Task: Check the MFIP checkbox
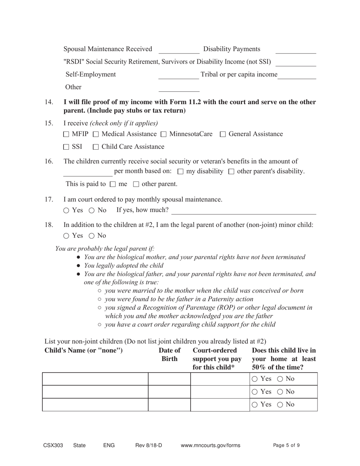coord(66,134)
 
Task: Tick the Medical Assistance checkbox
coord(95,134)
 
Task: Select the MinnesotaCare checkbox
coord(163,134)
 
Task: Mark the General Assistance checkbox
coord(223,134)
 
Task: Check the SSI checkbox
coord(66,147)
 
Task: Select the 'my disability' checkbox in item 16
coord(180,172)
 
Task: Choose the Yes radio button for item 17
coord(66,210)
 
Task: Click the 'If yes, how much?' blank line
coord(244,211)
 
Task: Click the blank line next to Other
coord(178,88)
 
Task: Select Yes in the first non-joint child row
coord(255,379)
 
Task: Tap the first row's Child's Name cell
coord(95,379)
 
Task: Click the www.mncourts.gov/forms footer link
coord(210,446)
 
